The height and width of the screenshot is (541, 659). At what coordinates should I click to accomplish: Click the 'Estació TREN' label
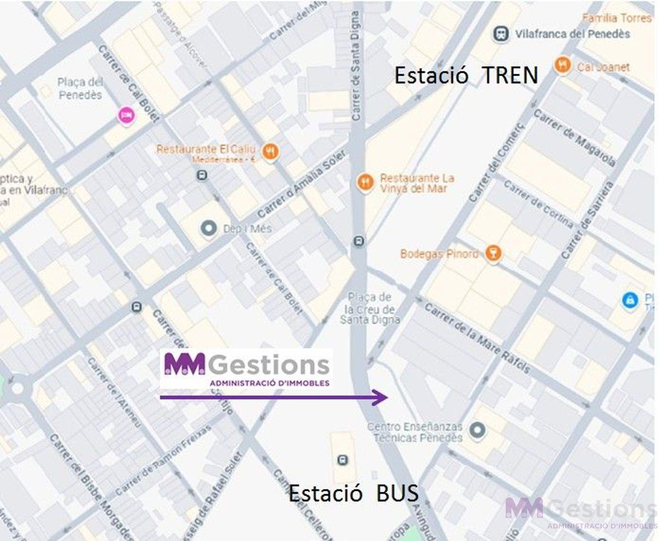(x=466, y=75)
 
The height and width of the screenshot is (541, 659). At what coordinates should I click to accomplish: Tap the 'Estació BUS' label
(x=354, y=493)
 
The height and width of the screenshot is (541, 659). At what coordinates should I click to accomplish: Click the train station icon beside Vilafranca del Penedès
(x=501, y=34)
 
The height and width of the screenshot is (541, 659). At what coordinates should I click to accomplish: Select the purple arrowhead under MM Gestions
(x=380, y=397)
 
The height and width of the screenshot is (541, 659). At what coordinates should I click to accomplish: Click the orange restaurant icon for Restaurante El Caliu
(x=270, y=152)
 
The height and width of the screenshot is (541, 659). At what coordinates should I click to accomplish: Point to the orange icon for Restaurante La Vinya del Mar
(x=365, y=182)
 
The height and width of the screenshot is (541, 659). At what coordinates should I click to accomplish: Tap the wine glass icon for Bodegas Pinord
(x=493, y=254)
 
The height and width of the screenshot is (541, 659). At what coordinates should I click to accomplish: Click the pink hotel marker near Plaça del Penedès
(x=127, y=115)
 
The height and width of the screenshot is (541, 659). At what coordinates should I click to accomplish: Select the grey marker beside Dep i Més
(x=209, y=228)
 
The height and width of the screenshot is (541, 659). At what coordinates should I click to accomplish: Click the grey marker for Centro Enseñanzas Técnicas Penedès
(x=477, y=430)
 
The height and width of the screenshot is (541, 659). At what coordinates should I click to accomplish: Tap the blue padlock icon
(x=630, y=301)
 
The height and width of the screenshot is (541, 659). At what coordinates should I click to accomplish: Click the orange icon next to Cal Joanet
(x=562, y=65)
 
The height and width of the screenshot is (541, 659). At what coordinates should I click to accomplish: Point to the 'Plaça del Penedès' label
(x=80, y=88)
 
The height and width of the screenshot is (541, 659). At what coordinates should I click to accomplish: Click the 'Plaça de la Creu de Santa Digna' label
(x=369, y=309)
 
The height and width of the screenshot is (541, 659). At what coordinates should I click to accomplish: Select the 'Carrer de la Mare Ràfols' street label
(x=477, y=338)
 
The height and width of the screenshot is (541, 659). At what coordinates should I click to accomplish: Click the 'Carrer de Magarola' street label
(x=574, y=138)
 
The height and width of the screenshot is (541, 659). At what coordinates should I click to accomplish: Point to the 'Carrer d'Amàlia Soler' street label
(x=301, y=184)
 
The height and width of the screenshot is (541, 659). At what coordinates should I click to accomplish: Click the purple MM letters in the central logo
(x=185, y=364)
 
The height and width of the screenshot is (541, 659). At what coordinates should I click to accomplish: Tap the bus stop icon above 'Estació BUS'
(x=343, y=460)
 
